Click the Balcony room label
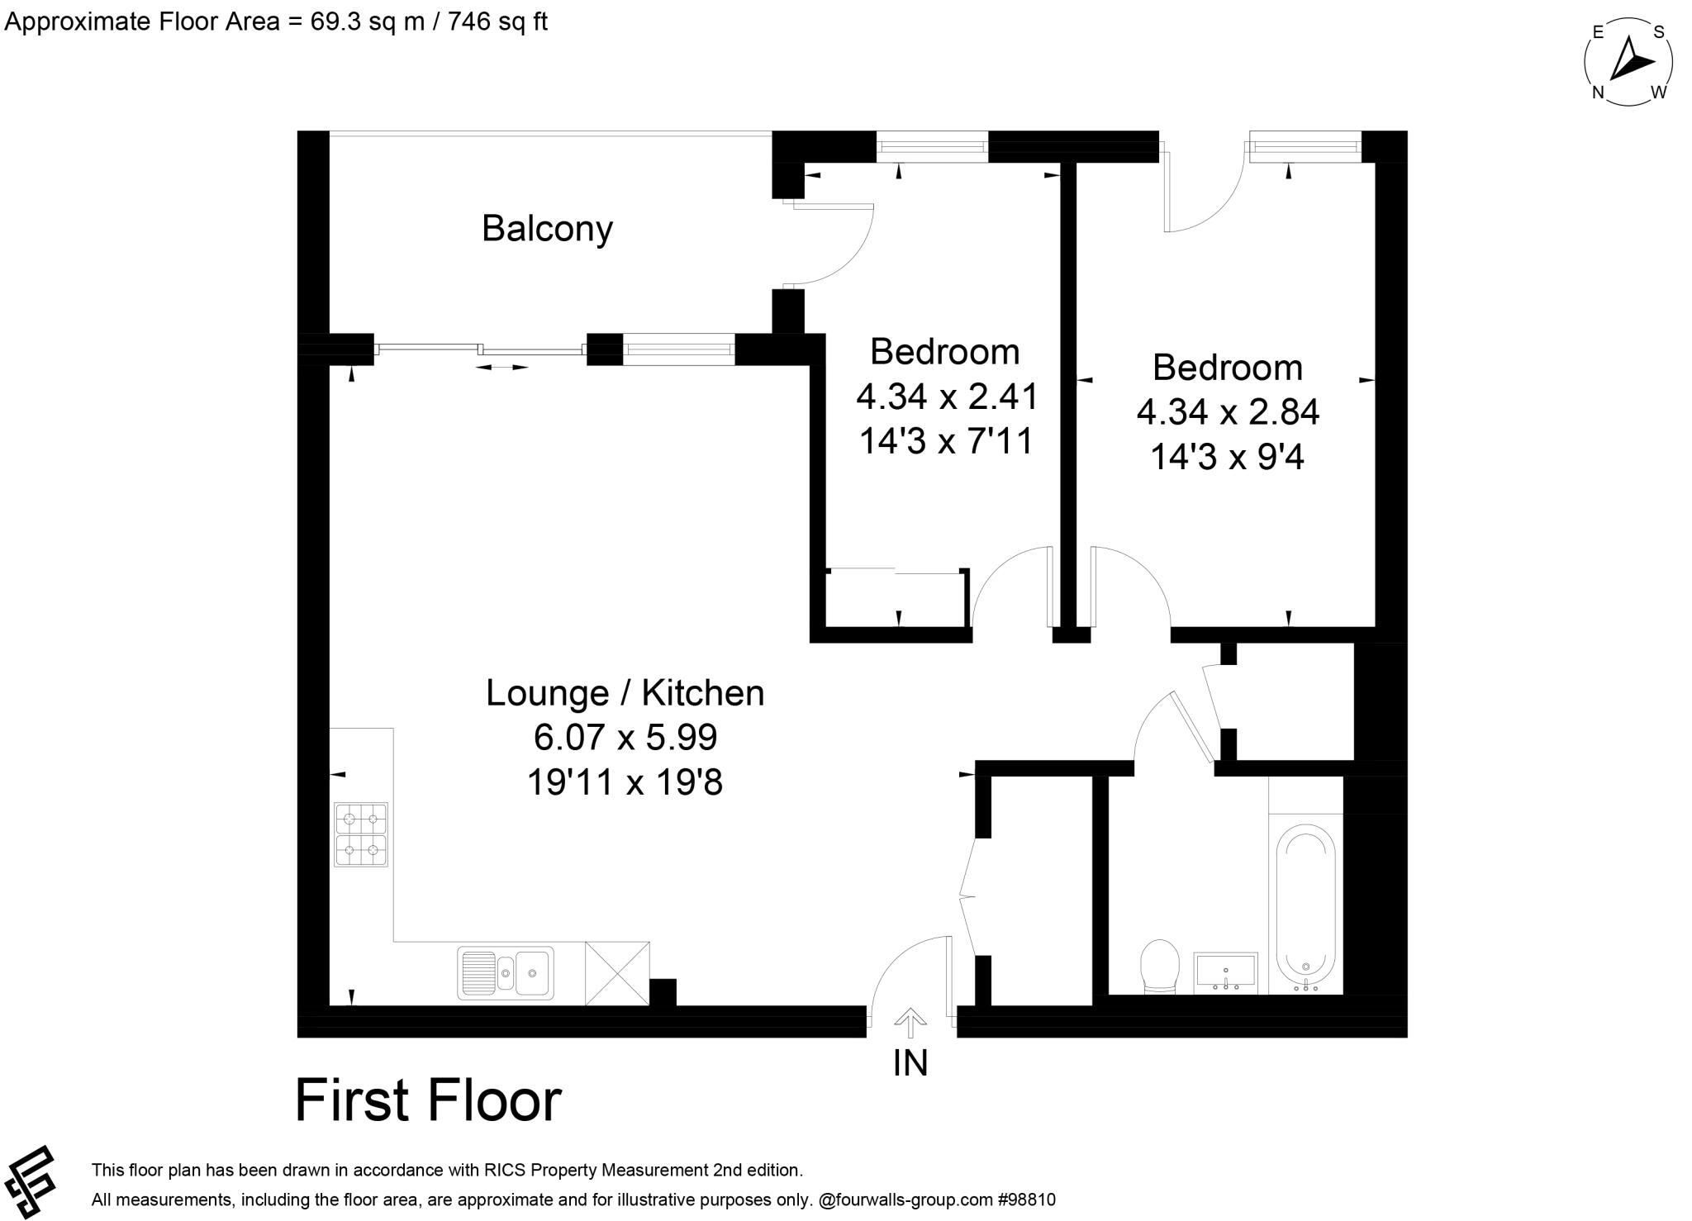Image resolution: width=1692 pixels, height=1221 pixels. (x=547, y=229)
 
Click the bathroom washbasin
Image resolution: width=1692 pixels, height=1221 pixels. (x=1225, y=972)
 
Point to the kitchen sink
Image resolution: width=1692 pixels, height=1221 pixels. (x=506, y=972)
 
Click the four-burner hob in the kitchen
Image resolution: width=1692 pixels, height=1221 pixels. (x=361, y=834)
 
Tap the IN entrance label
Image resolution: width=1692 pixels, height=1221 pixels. (x=910, y=1063)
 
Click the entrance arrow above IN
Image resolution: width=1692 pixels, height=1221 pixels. (x=910, y=1022)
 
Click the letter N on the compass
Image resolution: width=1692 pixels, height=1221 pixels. (x=1599, y=93)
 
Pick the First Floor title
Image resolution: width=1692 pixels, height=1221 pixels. (x=428, y=1100)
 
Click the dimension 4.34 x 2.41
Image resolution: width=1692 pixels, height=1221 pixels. (x=947, y=397)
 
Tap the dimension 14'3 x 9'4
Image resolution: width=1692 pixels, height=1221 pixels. (x=1227, y=456)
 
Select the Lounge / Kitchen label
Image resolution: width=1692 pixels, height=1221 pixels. (x=625, y=692)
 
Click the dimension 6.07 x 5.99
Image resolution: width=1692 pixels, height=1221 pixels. (x=625, y=737)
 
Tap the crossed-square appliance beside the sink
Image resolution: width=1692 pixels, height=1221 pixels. (x=617, y=973)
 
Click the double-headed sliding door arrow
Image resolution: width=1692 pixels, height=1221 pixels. (x=502, y=367)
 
